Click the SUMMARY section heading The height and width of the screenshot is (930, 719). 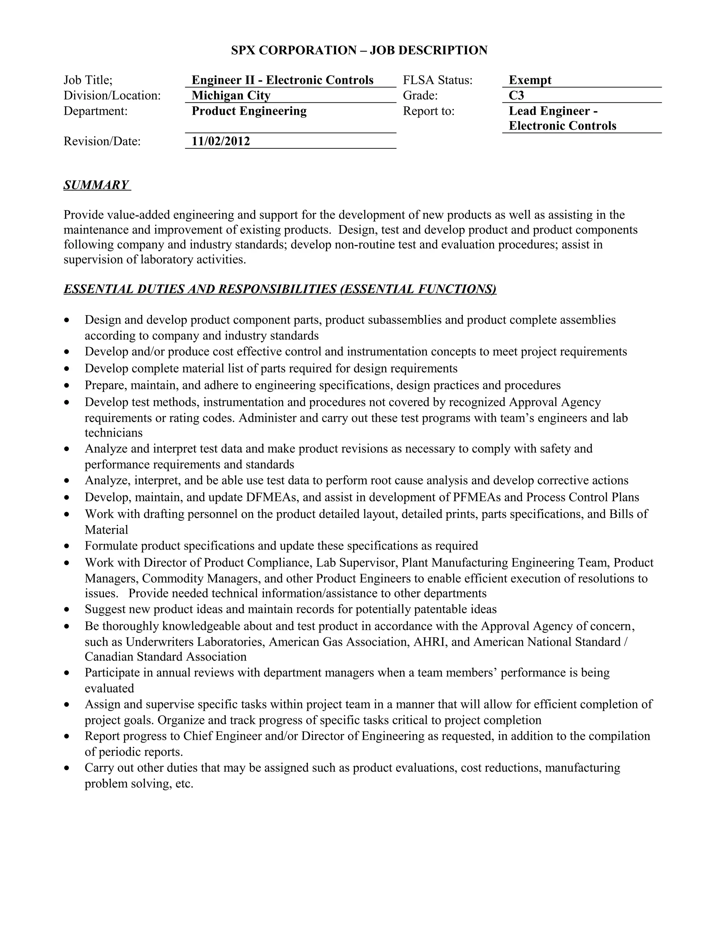pos(96,185)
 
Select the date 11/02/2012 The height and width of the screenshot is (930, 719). pos(220,141)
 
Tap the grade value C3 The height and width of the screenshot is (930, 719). pos(516,95)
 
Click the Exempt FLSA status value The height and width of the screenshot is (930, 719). pos(530,80)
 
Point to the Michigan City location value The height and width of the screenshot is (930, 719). pos(231,95)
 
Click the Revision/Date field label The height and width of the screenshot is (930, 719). pos(102,141)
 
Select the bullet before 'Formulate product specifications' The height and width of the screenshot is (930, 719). pos(67,546)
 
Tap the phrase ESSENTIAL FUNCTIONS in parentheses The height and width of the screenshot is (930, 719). pos(418,289)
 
